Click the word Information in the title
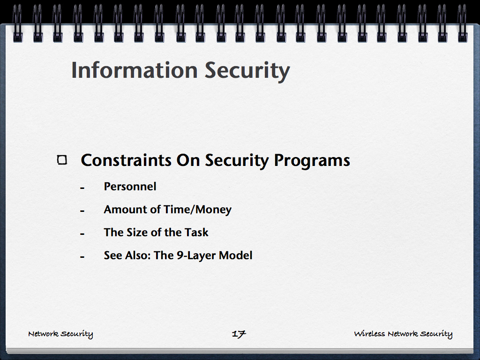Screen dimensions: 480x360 tap(135, 70)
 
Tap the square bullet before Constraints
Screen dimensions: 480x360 tap(62, 160)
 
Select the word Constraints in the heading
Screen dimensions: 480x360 tap(126, 160)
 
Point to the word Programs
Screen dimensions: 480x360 tap(312, 161)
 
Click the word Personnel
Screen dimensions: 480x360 tap(130, 187)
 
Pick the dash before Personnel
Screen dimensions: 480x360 tap(82, 188)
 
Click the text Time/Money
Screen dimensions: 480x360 tap(198, 210)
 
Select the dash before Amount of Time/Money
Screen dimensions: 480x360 tap(82, 211)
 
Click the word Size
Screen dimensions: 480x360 tap(138, 232)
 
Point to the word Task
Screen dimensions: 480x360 tap(196, 232)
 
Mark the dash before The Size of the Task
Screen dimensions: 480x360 tap(82, 234)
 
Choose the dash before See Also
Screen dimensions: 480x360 tap(82, 257)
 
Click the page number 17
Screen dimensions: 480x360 tap(239, 334)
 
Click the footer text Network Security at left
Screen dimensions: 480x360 tap(60, 334)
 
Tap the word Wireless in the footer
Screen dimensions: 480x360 tap(369, 333)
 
